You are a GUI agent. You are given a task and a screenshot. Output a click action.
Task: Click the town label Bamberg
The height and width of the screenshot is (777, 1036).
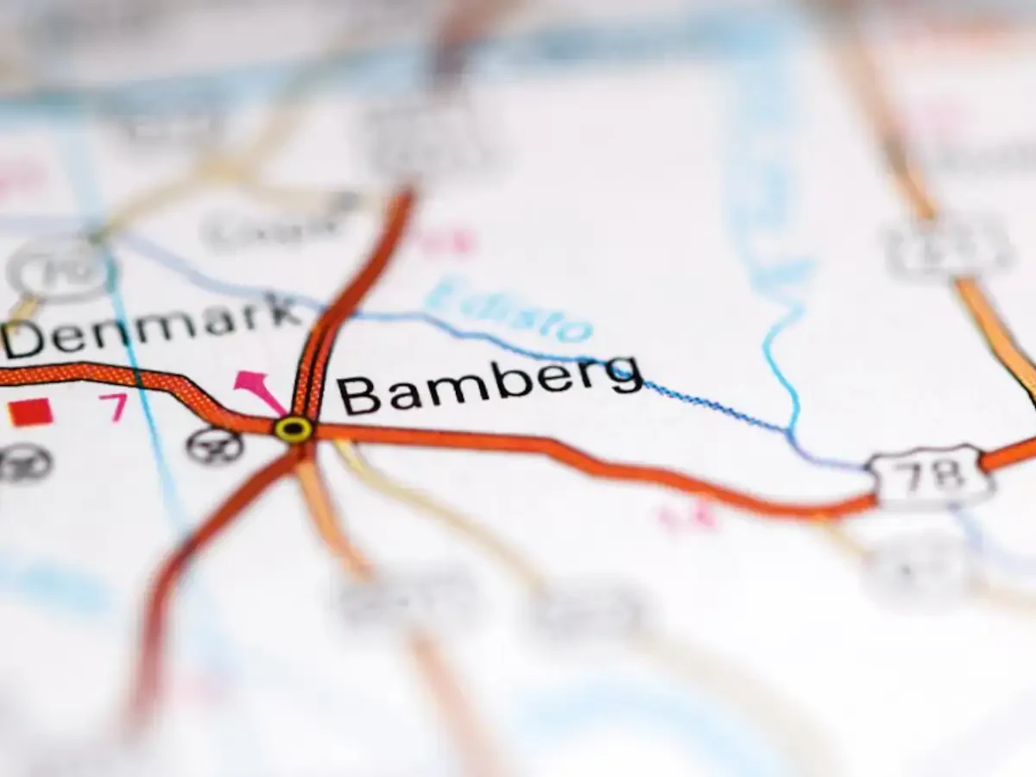click(x=489, y=385)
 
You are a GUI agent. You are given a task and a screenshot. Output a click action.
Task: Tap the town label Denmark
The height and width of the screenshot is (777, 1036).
click(x=151, y=325)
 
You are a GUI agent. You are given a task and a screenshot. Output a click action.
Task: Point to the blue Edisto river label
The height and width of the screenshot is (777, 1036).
click(x=509, y=309)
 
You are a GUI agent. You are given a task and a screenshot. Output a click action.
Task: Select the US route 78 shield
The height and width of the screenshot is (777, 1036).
click(x=929, y=476)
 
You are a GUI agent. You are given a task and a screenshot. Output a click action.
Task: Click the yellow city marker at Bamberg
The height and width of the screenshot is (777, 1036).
click(x=294, y=428)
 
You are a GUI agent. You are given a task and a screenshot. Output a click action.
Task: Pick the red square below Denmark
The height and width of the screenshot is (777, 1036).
click(x=31, y=413)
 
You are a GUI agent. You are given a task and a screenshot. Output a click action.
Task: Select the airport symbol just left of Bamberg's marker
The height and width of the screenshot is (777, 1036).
click(x=213, y=445)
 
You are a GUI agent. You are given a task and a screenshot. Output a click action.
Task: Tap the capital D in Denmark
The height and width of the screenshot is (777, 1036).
click(x=23, y=340)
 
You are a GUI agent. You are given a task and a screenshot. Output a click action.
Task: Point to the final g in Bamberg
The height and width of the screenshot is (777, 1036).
click(x=622, y=375)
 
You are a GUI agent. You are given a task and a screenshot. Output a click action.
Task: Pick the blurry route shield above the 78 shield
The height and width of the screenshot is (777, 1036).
click(x=945, y=246)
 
